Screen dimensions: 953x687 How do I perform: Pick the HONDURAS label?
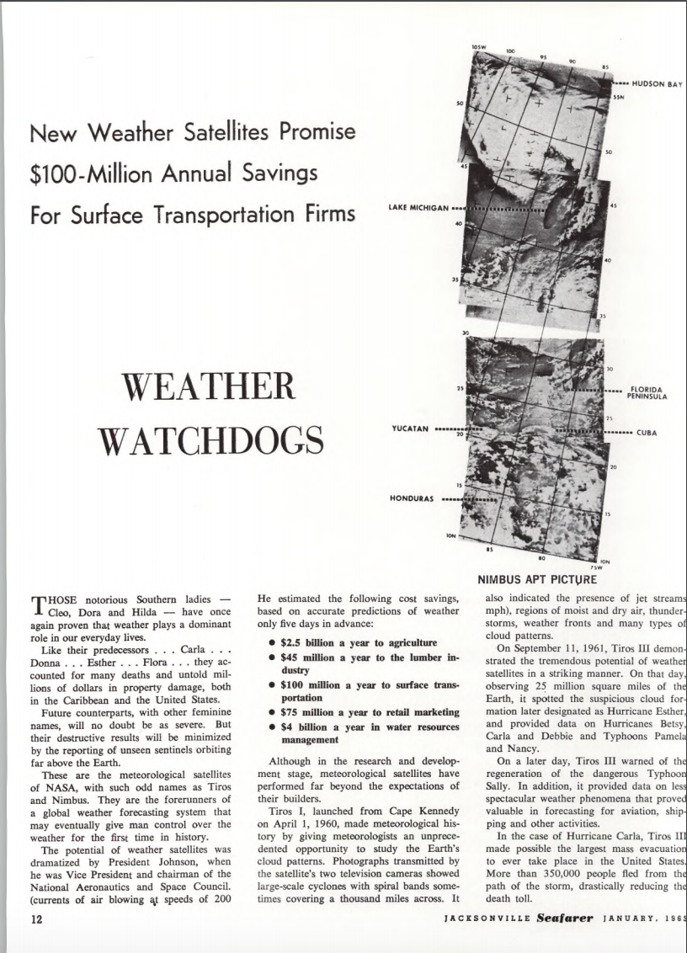[x=412, y=498]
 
